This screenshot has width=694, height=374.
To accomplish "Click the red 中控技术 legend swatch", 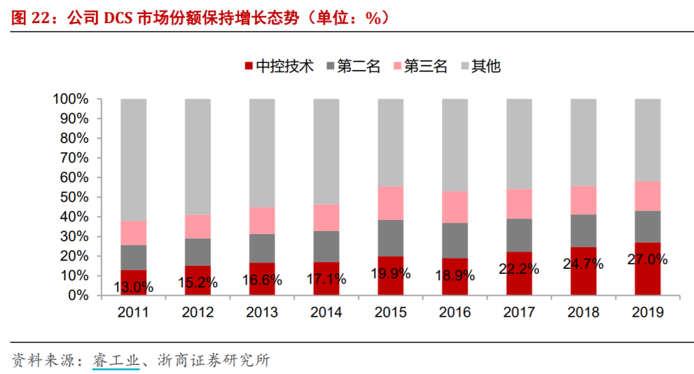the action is coord(249,66).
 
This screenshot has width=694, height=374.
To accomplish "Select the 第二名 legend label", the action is coord(359,66).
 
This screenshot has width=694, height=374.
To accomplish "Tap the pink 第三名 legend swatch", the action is coord(398,66).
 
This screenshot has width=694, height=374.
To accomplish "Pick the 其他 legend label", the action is coord(486,66).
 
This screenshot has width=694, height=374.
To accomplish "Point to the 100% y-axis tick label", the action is coord(71,99).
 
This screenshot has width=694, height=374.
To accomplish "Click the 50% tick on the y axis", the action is coord(75,197).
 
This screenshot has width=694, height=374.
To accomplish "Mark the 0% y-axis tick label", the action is coord(78,295).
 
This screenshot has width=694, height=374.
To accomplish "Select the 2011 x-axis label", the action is coord(133,312).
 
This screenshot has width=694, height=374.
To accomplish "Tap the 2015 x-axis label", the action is coord(391,312).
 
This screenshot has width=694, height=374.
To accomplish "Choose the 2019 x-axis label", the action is coord(648,312).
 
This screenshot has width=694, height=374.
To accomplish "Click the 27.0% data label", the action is coord(648,260).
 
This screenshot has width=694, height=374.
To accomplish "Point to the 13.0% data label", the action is coord(133,287).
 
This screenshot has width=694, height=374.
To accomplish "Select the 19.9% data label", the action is coord(391,274).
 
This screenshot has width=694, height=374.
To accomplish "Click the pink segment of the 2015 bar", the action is coord(391,203).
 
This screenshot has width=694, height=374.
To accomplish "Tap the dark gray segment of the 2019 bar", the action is coord(648,227).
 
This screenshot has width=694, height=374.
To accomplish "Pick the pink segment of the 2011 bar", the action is coord(133,233).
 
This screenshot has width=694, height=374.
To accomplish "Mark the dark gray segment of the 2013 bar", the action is coord(262,248).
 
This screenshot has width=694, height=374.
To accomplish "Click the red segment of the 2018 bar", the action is coord(583,271).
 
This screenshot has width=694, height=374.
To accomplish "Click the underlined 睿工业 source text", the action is coord(116,361).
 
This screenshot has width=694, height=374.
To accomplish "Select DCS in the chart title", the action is coord(118,18).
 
